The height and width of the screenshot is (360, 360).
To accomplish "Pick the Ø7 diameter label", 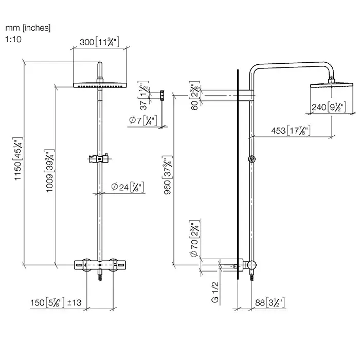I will click(141, 121).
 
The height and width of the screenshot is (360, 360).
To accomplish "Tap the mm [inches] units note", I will click(28, 28).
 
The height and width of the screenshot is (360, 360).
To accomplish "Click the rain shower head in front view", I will click(100, 85).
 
